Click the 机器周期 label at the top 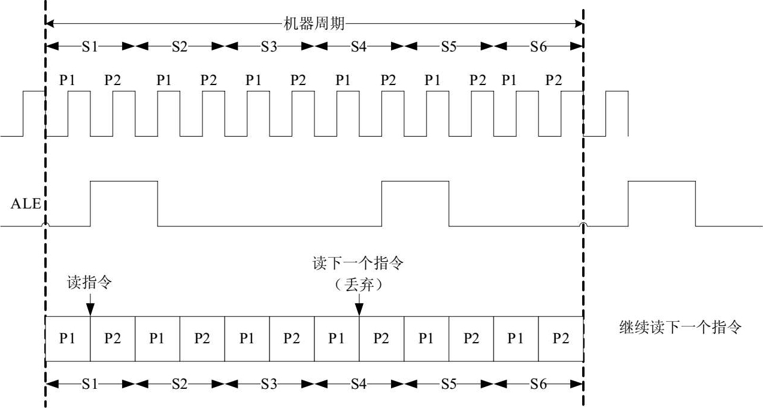314,24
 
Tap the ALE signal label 25,204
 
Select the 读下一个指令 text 359,264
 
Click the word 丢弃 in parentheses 359,285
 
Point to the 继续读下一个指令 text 680,328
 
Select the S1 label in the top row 90,47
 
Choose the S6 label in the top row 538,47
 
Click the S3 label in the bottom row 269,384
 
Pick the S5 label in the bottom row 449,384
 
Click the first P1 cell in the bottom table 68,339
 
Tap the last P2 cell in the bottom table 561,339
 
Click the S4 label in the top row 359,47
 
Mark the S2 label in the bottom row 180,384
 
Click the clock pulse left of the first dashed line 34,114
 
